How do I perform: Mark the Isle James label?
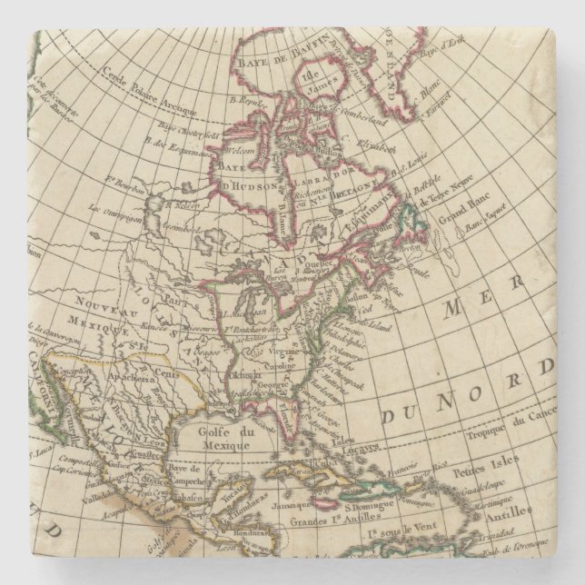coord(292,81)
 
